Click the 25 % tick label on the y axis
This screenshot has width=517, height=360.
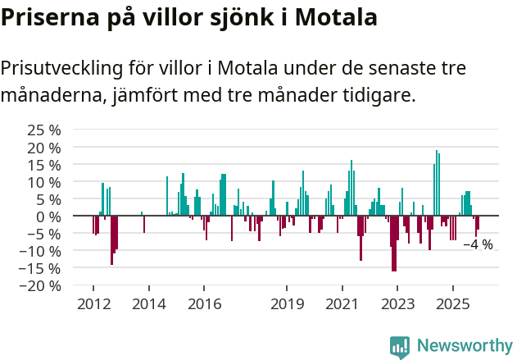pyautogui.click(x=44, y=130)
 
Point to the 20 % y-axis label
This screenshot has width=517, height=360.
pyautogui.click(x=44, y=148)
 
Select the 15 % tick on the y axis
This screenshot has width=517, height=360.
pyautogui.click(x=44, y=165)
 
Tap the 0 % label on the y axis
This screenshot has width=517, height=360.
pyautogui.click(x=49, y=216)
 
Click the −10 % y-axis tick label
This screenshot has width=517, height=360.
pyautogui.click(x=41, y=251)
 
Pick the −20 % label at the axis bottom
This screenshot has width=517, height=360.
pyautogui.click(x=41, y=286)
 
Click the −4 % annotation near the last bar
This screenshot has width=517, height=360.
pyautogui.click(x=478, y=244)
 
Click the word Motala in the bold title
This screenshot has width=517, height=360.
pyautogui.click(x=337, y=17)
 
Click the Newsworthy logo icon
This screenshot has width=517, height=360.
pyautogui.click(x=400, y=347)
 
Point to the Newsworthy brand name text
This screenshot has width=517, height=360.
pyautogui.click(x=464, y=346)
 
